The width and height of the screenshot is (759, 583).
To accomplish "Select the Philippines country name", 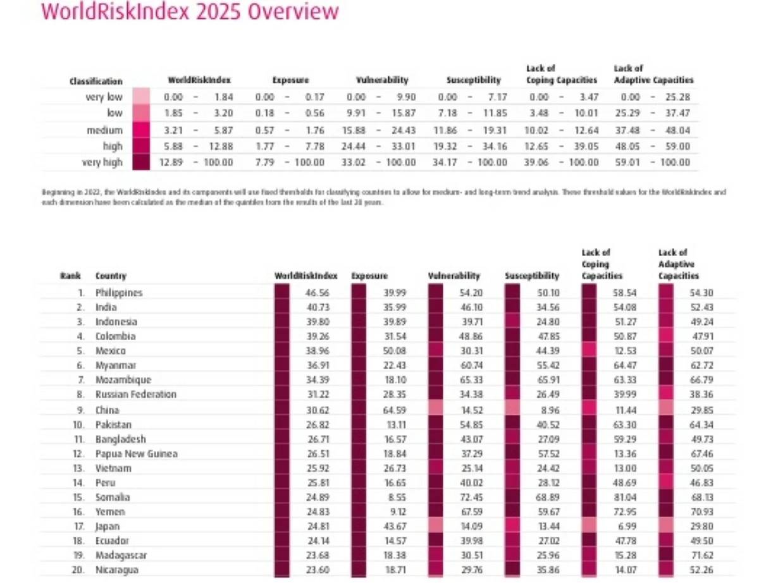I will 119,293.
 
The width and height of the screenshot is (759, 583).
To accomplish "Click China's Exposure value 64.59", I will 395,409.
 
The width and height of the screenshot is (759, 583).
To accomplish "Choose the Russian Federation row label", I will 136,395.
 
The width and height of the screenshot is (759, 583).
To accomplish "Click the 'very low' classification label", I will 104,97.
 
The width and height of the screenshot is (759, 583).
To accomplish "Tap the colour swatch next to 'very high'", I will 141,163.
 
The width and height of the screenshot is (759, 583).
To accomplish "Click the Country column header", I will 111,276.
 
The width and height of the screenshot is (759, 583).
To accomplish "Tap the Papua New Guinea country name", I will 137,453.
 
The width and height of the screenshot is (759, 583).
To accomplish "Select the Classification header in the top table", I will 96,82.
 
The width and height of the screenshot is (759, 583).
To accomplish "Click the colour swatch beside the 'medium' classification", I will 141,130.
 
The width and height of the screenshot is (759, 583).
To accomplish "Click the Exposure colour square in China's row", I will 359,409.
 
